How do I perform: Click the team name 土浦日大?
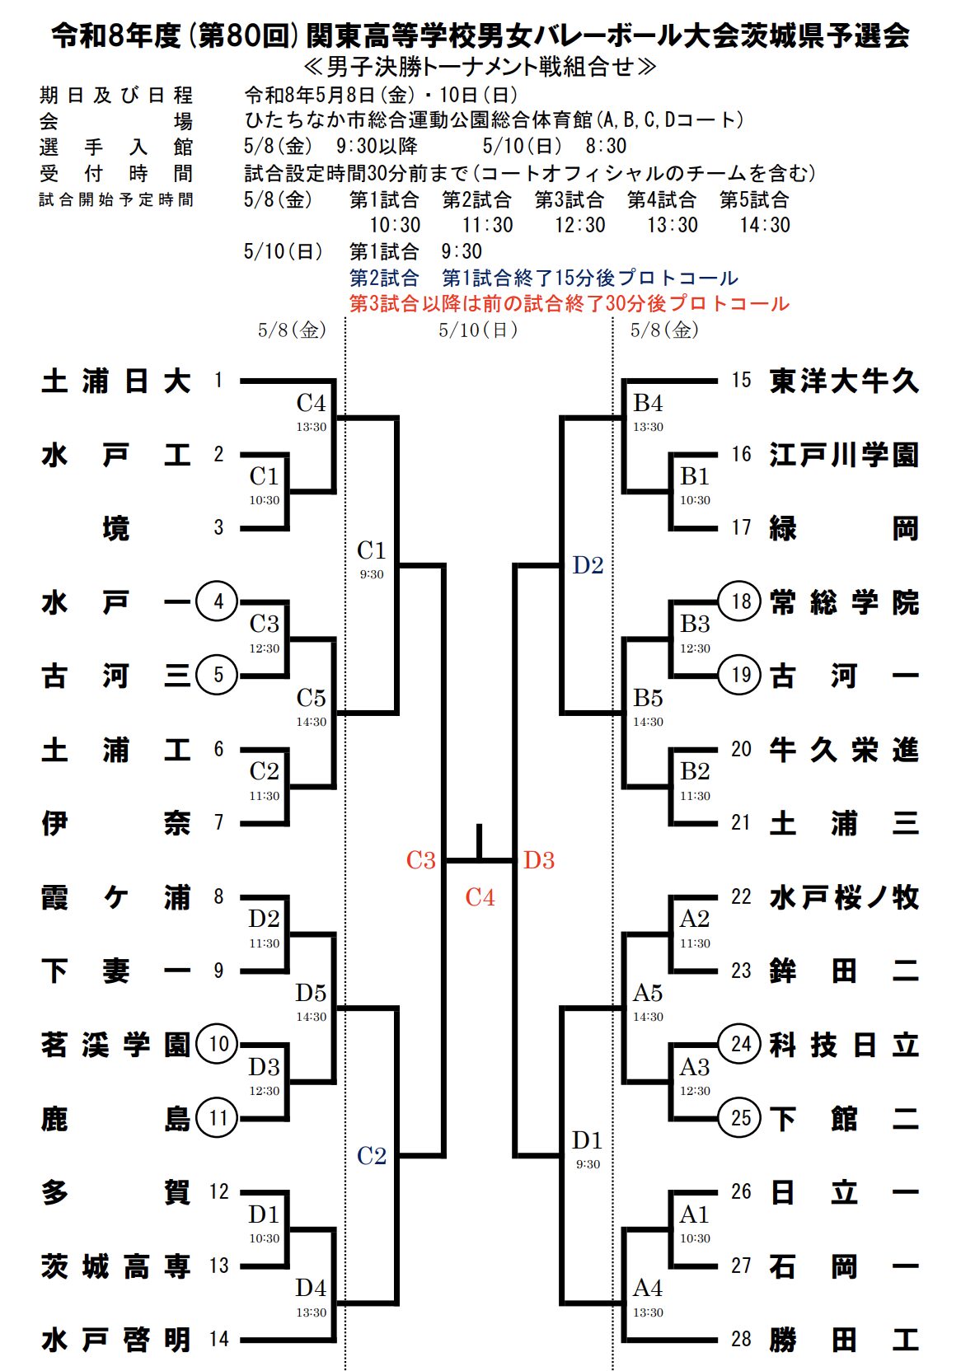[115, 381]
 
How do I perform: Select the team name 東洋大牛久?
[843, 381]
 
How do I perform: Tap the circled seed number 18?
[740, 601]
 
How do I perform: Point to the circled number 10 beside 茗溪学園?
[218, 1044]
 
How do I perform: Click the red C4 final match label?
[480, 897]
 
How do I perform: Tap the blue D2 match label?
[588, 565]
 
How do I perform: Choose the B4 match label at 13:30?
[648, 404]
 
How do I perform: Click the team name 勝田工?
[843, 1340]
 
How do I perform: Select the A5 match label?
[648, 994]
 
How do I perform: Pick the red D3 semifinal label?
[539, 860]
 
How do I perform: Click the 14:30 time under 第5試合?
[764, 225]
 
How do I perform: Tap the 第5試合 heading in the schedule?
[754, 199]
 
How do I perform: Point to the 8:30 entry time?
[606, 147]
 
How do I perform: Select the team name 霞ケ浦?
[115, 897]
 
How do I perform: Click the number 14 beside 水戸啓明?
[218, 1339]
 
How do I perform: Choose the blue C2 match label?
[372, 1156]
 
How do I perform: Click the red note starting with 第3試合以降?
[569, 303]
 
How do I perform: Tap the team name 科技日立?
[843, 1045]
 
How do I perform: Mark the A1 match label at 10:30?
[694, 1214]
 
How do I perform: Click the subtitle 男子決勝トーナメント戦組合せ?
[480, 66]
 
